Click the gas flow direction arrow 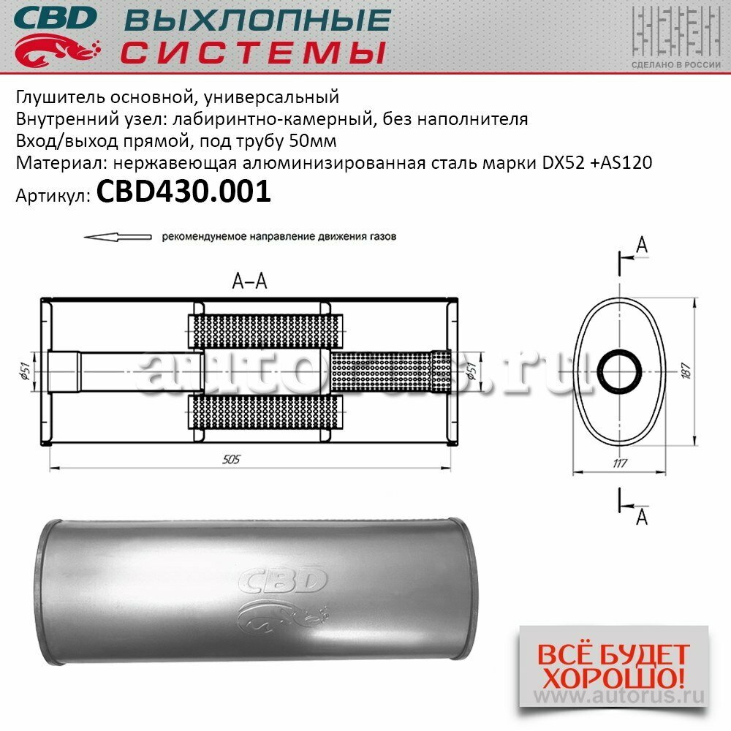(x=117, y=237)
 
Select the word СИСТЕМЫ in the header (x=252, y=52)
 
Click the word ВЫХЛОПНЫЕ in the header (x=256, y=20)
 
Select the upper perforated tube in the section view (x=267, y=331)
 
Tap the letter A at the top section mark (x=641, y=246)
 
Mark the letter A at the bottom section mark (x=641, y=517)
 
